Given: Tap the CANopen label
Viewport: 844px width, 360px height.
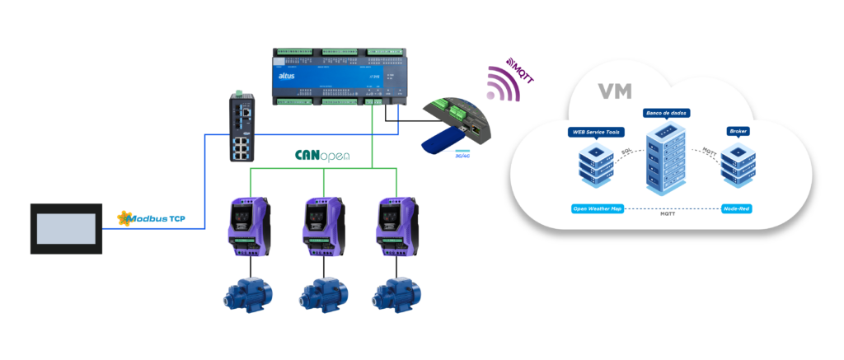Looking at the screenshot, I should coord(322,154).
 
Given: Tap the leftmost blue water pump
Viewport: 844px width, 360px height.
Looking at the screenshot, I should coord(248,294).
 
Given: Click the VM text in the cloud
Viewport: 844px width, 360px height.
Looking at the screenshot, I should coord(615,91).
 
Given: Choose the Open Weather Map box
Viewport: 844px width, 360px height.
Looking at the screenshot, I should coord(597,209).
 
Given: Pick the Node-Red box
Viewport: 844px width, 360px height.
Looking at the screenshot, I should coord(737,209).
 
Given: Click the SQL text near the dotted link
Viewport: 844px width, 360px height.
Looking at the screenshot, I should coord(626,153).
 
